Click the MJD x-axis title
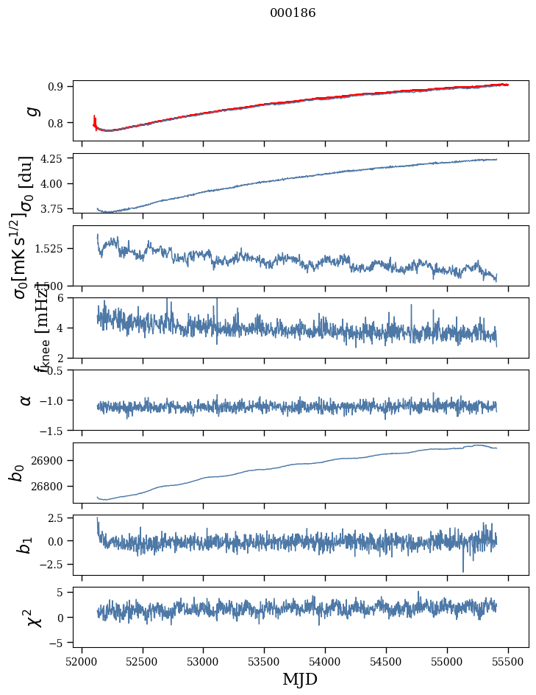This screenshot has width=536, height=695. point(300,680)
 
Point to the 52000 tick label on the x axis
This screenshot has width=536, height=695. point(82,662)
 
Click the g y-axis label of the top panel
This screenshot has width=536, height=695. point(31,110)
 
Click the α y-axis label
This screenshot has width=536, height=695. point(26,400)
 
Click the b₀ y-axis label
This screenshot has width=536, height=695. point(17,473)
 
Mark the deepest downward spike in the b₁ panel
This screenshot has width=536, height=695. point(463,571)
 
